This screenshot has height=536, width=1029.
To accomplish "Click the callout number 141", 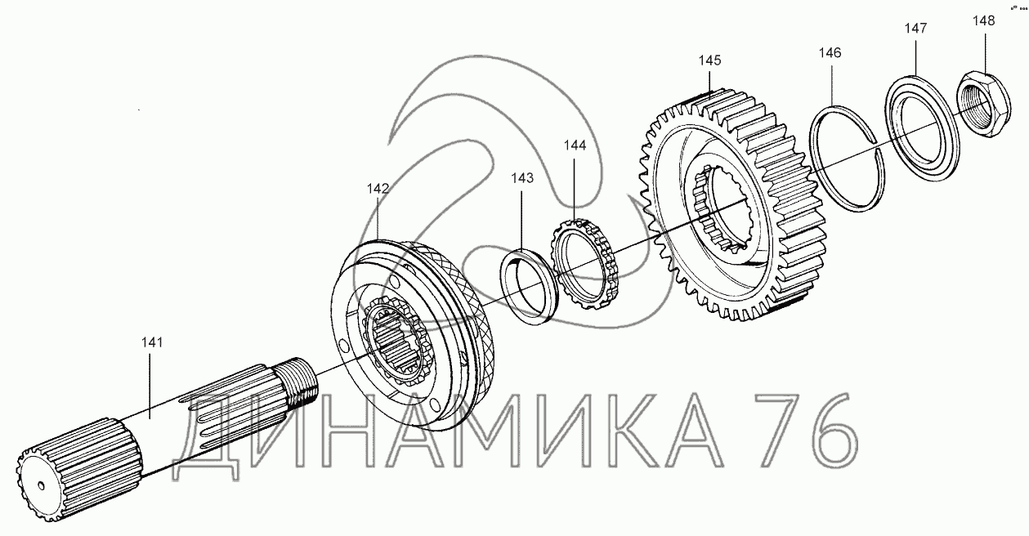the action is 152,342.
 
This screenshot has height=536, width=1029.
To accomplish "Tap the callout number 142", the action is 378,189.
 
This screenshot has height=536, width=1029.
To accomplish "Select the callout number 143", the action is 522,178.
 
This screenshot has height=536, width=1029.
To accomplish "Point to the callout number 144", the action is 575,145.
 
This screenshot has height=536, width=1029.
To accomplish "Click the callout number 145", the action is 710,60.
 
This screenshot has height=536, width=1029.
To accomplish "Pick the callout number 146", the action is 830,53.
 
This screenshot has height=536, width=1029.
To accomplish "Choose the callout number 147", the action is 916,29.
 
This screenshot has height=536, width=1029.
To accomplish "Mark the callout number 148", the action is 983,21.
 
